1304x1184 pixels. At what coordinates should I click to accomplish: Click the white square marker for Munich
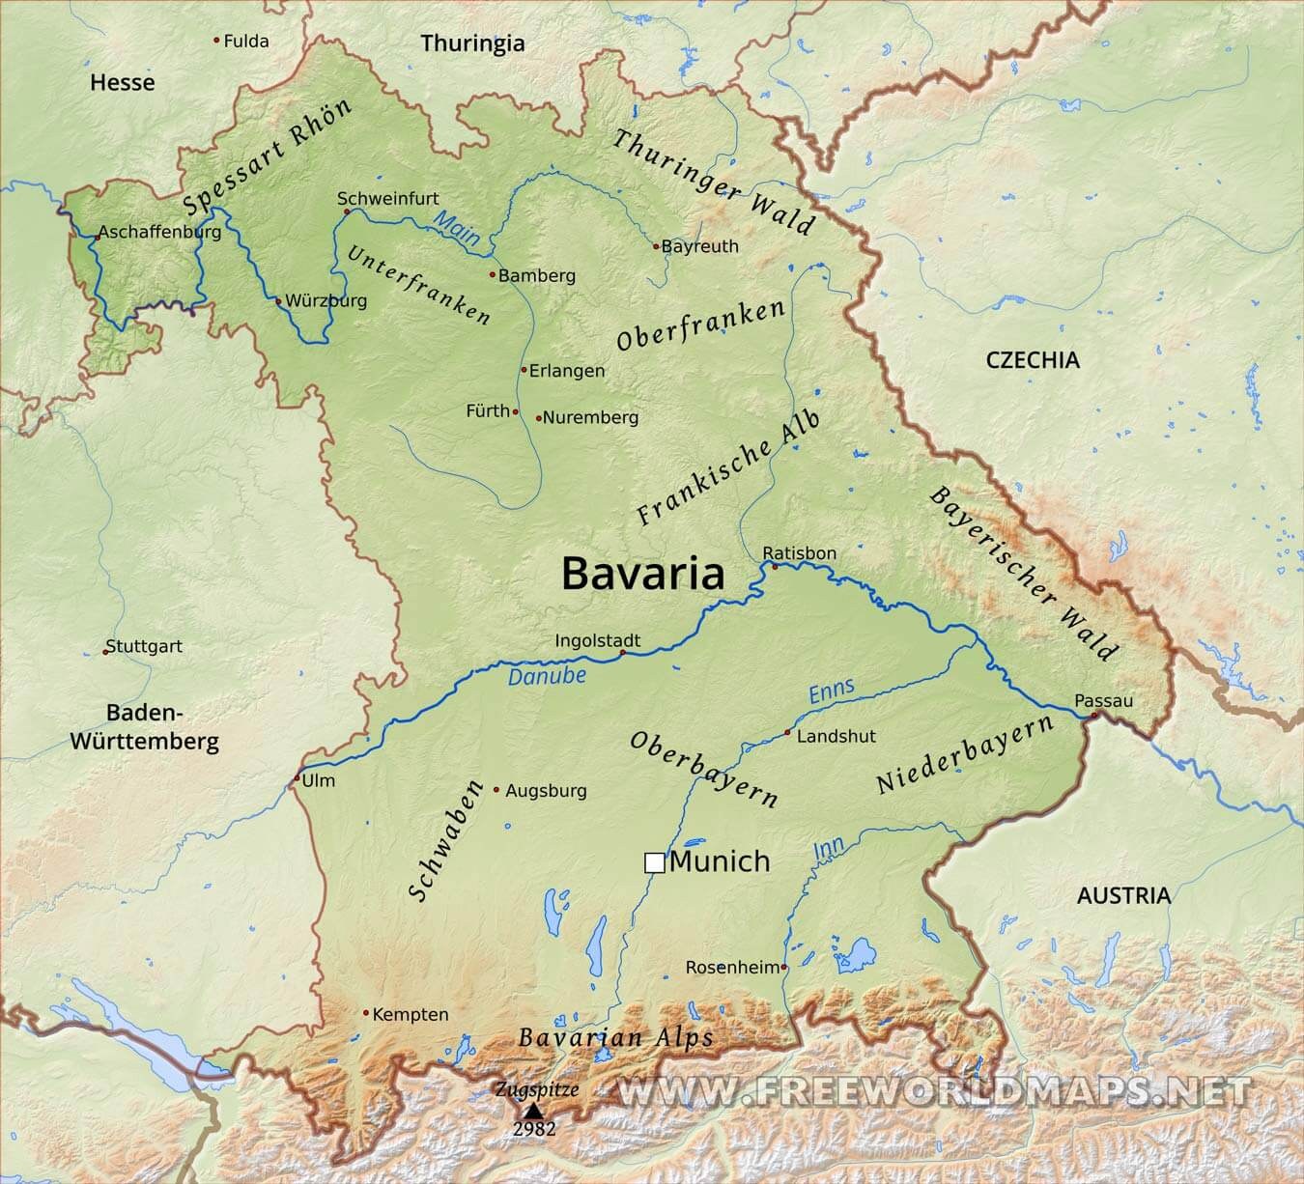point(654,862)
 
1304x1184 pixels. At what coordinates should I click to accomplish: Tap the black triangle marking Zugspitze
point(533,1111)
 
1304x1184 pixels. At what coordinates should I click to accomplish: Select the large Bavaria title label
point(642,573)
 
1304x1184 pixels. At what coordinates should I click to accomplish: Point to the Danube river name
point(547,676)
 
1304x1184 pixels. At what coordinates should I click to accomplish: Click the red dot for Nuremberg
point(538,418)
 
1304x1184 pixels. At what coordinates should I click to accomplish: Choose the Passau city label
point(1103,700)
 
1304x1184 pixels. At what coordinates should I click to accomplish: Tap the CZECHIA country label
point(1033,360)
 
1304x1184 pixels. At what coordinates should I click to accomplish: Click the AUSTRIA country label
point(1123,895)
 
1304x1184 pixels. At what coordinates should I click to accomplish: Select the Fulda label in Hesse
point(245,42)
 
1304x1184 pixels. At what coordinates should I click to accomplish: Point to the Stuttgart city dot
point(106,652)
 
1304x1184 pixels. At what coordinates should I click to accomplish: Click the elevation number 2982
point(534,1129)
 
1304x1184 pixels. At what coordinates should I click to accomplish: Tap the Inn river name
point(829,849)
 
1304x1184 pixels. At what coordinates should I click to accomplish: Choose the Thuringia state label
point(472,43)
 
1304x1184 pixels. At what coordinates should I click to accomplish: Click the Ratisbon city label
point(799,553)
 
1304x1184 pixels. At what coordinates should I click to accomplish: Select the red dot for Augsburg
point(496,790)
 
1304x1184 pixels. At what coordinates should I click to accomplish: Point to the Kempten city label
point(411,1014)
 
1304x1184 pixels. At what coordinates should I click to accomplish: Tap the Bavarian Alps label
point(615,1038)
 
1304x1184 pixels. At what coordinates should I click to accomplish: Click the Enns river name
point(832,691)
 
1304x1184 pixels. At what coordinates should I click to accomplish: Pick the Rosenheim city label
point(732,967)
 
